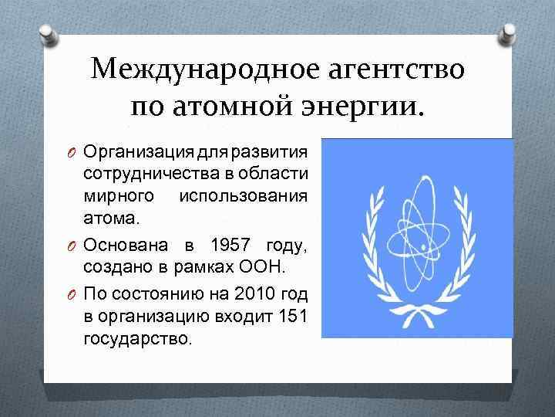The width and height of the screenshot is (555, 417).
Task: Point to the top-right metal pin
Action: point(510,32)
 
